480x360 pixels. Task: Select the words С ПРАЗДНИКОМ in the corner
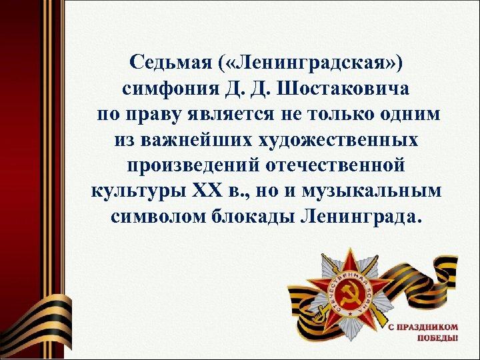[424, 327]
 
